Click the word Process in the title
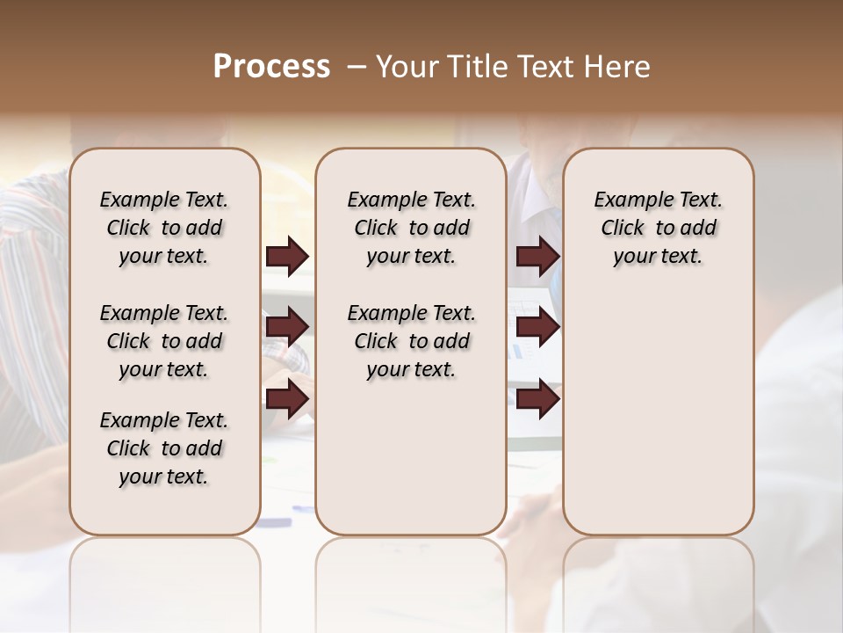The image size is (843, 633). [x=271, y=67]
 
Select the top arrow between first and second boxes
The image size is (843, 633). [x=287, y=257]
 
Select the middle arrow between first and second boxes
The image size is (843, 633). [x=287, y=328]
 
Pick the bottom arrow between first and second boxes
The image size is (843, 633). [x=287, y=398]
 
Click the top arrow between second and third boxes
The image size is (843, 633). [x=537, y=257]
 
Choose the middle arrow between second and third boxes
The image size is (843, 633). [x=537, y=328]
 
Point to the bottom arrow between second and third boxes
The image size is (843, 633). [x=537, y=398]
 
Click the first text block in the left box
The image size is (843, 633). [x=164, y=228]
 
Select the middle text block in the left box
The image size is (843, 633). [x=164, y=341]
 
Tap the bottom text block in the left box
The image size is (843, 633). [x=164, y=448]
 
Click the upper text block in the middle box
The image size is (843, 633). [x=411, y=228]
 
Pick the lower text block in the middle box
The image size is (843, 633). [x=411, y=341]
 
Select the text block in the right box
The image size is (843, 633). [x=658, y=228]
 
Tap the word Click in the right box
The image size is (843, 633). [x=623, y=228]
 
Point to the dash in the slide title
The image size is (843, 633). [x=357, y=67]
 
